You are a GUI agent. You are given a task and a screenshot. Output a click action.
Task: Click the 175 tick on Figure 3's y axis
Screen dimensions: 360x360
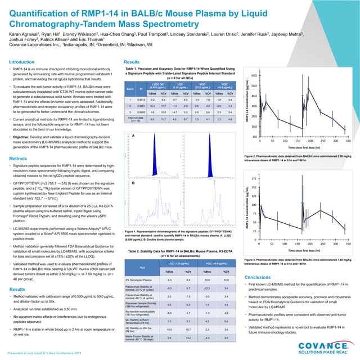click(x=254, y=177)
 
